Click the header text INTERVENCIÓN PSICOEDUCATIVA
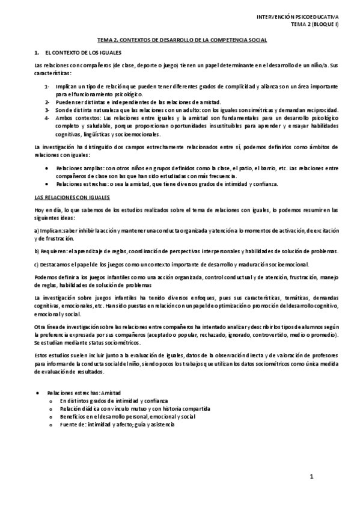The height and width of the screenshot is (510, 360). coord(298,18)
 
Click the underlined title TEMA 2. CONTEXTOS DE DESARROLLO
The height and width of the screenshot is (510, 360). coord(183,40)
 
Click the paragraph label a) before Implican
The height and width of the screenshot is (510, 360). coord(37,230)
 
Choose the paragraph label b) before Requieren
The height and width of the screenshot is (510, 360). coord(37,250)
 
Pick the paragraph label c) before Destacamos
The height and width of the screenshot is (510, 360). coord(37,264)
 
